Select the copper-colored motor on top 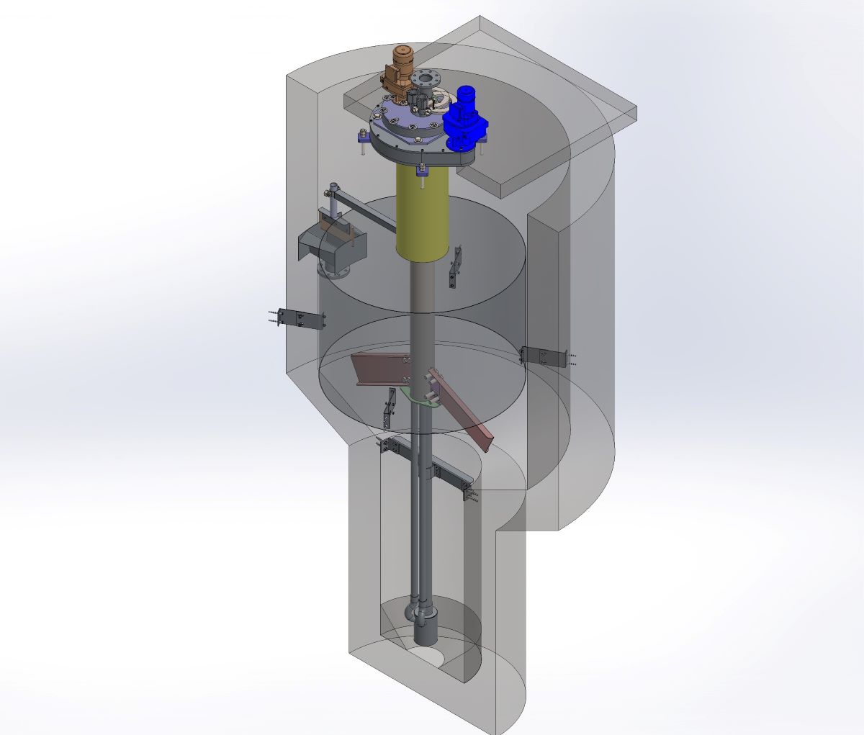398,68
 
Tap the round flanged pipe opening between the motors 425,77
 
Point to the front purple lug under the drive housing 421,170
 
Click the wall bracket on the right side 543,356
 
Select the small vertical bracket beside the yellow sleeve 454,269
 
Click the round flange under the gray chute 333,271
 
